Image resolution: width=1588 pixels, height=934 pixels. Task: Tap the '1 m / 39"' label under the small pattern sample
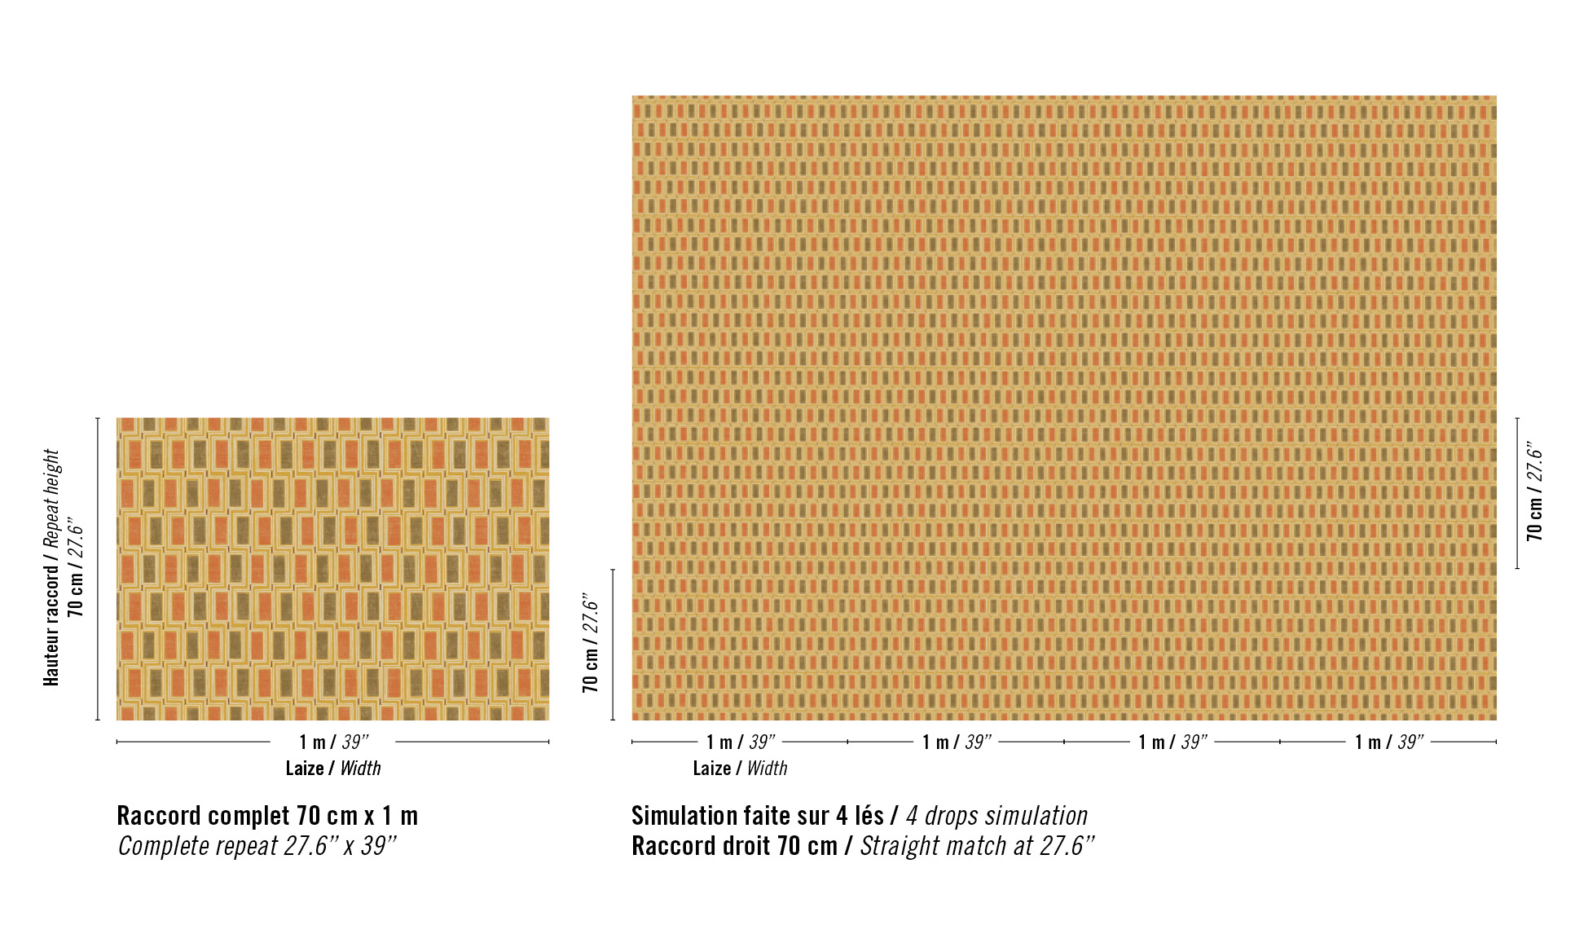pos(333,742)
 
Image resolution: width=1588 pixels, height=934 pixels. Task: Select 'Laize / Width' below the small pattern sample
pos(332,768)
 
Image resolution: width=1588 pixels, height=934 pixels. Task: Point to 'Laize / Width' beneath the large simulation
pos(740,768)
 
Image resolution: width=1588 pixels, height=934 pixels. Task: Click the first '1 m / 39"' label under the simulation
pos(740,742)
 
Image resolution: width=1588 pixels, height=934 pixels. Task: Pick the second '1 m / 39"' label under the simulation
pos(957,742)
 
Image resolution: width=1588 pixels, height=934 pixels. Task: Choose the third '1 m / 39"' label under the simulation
pos(1172,742)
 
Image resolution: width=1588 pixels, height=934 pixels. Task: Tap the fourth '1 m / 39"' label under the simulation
pos(1388,742)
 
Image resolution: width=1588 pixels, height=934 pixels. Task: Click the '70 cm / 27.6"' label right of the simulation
pos(1534,493)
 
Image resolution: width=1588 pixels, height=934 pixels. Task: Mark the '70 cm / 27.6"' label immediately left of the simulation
pos(591,644)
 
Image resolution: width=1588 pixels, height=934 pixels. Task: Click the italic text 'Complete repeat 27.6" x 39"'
pos(257,846)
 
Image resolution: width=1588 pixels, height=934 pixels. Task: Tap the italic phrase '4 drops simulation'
pos(996,816)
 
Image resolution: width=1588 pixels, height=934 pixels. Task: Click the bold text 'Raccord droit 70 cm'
pos(734,846)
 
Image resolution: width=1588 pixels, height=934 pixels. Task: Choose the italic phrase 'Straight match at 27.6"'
pos(977,846)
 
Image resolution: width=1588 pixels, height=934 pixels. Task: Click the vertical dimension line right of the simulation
pos(1517,493)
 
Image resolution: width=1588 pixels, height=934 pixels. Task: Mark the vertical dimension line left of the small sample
pos(98,569)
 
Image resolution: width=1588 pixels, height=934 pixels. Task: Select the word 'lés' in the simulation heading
pos(869,816)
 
